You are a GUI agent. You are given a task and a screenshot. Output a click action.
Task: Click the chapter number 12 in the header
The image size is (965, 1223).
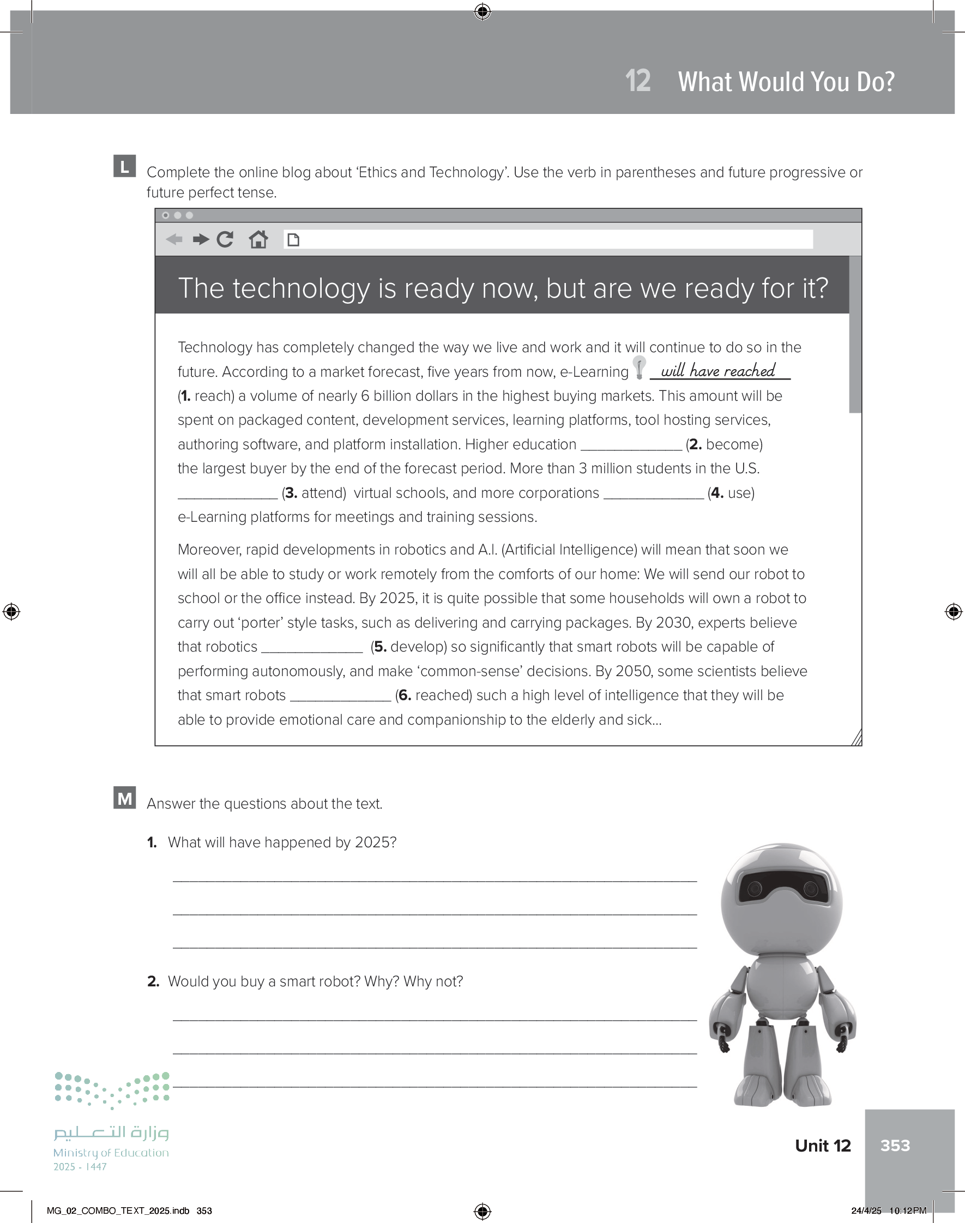click(x=638, y=81)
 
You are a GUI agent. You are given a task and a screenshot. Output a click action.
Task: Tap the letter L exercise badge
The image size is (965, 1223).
click(x=124, y=166)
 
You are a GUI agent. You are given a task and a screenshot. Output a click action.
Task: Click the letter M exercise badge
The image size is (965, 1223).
click(x=124, y=798)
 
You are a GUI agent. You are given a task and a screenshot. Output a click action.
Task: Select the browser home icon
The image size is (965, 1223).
click(x=258, y=239)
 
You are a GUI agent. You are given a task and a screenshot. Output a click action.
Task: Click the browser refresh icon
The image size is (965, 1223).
click(x=225, y=239)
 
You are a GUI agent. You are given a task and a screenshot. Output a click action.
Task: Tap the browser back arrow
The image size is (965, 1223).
click(x=174, y=239)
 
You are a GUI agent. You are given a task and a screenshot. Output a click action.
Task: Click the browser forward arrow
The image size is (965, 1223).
click(x=201, y=239)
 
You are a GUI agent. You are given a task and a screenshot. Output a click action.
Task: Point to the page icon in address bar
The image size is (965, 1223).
click(x=293, y=240)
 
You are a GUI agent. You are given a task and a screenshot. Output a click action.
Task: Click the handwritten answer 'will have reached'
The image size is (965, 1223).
click(x=718, y=371)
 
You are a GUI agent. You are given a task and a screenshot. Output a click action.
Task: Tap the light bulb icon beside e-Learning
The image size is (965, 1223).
click(x=640, y=367)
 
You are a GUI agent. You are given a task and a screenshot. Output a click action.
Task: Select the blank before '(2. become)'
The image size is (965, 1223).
click(x=631, y=445)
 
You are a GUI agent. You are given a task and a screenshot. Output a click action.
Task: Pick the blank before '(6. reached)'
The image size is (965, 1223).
click(x=340, y=696)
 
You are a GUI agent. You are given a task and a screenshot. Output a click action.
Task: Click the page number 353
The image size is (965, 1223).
click(x=895, y=1145)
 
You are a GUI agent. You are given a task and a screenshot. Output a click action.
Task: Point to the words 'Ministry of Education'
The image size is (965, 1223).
click(x=111, y=1152)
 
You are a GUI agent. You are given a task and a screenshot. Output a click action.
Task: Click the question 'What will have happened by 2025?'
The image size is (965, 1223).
click(x=282, y=842)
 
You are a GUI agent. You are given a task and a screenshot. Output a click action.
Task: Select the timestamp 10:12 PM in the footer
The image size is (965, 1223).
click(x=907, y=1210)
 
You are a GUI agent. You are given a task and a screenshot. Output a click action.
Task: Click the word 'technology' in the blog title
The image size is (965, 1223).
click(x=303, y=288)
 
